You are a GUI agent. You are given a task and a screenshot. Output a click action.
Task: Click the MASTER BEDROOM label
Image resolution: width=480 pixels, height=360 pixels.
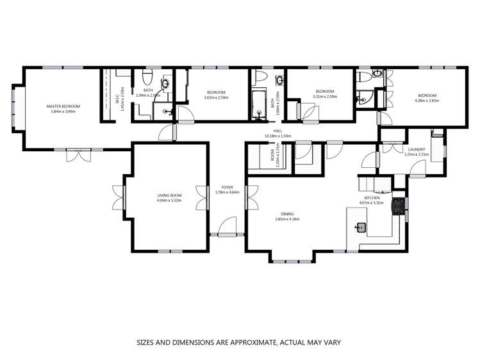[x=63, y=106]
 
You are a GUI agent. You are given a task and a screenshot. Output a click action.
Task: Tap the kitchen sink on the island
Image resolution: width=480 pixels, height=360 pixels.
[x=361, y=226]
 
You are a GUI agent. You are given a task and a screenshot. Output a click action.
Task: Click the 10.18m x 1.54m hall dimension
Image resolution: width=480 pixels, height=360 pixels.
[x=278, y=136]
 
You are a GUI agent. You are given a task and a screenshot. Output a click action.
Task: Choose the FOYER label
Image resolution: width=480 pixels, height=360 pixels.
[x=228, y=187]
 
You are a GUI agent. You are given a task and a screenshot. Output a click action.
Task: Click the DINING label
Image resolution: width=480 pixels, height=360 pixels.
[x=287, y=214]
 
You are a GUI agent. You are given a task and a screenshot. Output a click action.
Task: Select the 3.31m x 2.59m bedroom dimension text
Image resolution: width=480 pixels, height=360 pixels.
[x=325, y=97]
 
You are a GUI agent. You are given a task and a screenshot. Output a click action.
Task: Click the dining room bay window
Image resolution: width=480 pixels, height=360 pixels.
[x=291, y=260]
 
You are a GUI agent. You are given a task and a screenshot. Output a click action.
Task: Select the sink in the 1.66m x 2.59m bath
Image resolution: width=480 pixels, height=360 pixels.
[x=281, y=81]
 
